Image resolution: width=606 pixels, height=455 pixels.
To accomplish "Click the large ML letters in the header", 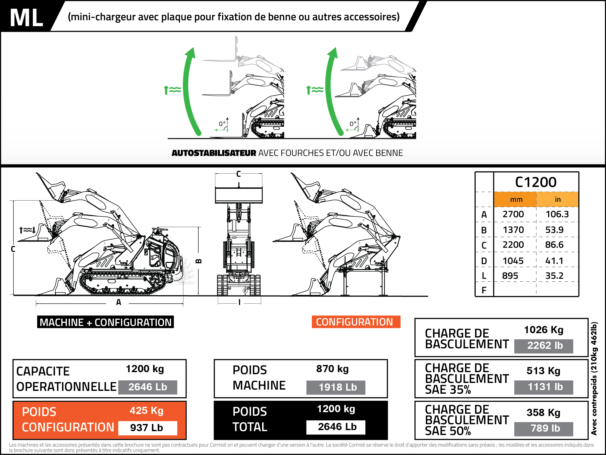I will coord(26,18).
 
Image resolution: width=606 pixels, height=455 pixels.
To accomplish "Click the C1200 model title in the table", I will coord(536,182).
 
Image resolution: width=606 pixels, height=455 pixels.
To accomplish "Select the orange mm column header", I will coord(516,199).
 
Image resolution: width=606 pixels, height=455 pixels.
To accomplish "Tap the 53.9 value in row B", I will coord(554,230).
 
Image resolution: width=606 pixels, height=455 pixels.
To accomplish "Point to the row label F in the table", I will coord(484,290).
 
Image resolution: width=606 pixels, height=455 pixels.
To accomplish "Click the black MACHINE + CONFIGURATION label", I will coord(106,322).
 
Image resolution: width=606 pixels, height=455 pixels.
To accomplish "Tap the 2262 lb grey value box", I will coord(545,345).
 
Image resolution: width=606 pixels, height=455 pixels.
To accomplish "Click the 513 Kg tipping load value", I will coord(543,371).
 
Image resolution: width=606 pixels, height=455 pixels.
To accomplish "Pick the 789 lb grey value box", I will coord(545,428).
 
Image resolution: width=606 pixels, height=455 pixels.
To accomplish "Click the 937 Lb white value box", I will coord(147,428).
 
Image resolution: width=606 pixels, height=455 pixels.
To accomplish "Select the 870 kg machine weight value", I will coord(332,369).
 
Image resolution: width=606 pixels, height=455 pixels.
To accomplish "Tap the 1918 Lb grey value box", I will coord(337,387).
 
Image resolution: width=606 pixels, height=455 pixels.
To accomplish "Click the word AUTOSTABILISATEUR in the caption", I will coord(214,153).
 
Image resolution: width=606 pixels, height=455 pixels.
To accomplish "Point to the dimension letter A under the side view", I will coord(118,302).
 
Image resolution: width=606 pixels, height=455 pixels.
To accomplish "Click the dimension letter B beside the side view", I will coord(199,261).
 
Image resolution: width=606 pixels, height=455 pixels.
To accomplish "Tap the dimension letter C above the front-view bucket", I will coord(238,174).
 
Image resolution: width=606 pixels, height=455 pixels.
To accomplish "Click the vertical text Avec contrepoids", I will coord(594,379).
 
